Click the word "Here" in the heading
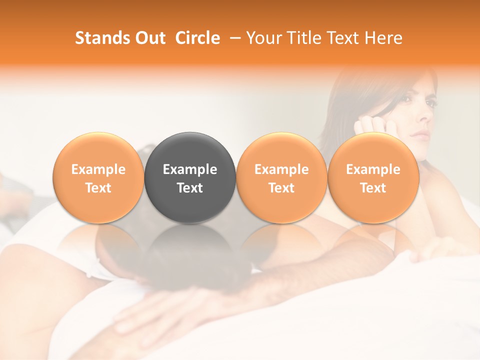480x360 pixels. point(383,38)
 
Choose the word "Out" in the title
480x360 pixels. point(149,38)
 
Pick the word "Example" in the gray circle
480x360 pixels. point(190,169)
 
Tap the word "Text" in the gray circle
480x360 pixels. point(190,188)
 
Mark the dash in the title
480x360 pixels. point(233,38)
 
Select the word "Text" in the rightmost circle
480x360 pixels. point(373,188)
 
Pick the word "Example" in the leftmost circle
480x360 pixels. point(98,169)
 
